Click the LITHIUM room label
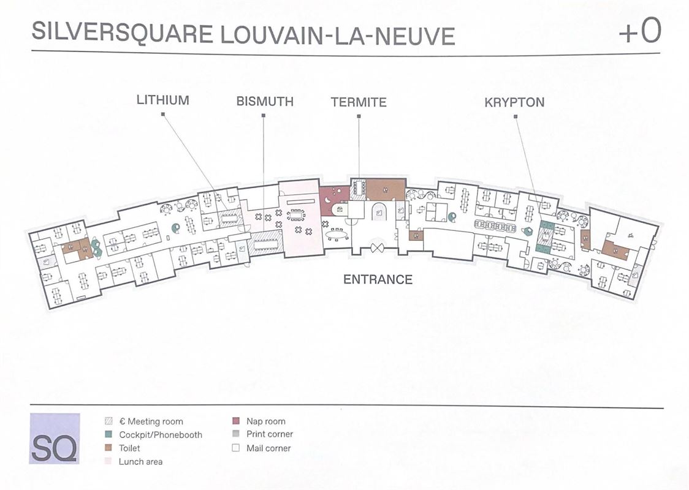(162, 100)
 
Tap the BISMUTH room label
(265, 101)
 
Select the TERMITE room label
(359, 102)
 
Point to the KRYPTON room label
(514, 102)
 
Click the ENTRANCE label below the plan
(378, 279)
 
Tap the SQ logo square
(55, 438)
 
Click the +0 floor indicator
(639, 32)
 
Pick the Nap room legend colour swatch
(235, 421)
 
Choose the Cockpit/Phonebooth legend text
(161, 435)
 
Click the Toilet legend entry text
(129, 448)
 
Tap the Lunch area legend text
(140, 461)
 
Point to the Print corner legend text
(270, 434)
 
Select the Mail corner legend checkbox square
(235, 448)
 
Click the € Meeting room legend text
(151, 421)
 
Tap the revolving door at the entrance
(376, 247)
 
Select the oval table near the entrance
(336, 235)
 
